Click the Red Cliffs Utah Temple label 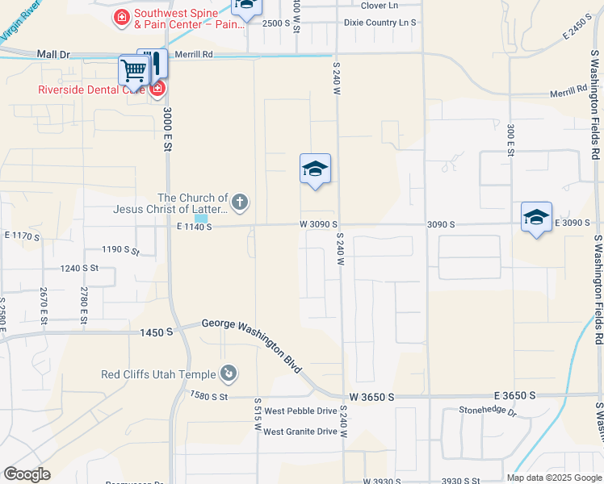[158, 374]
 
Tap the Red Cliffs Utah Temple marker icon [229, 373]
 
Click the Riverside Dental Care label [91, 90]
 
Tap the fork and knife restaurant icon [154, 63]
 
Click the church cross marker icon [240, 201]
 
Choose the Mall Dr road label [54, 54]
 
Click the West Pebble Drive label [300, 411]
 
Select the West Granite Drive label [300, 432]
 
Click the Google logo [27, 474]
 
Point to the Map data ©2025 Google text [554, 478]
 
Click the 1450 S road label [157, 332]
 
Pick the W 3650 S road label [371, 397]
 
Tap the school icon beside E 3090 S [536, 217]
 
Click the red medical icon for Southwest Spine [122, 16]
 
